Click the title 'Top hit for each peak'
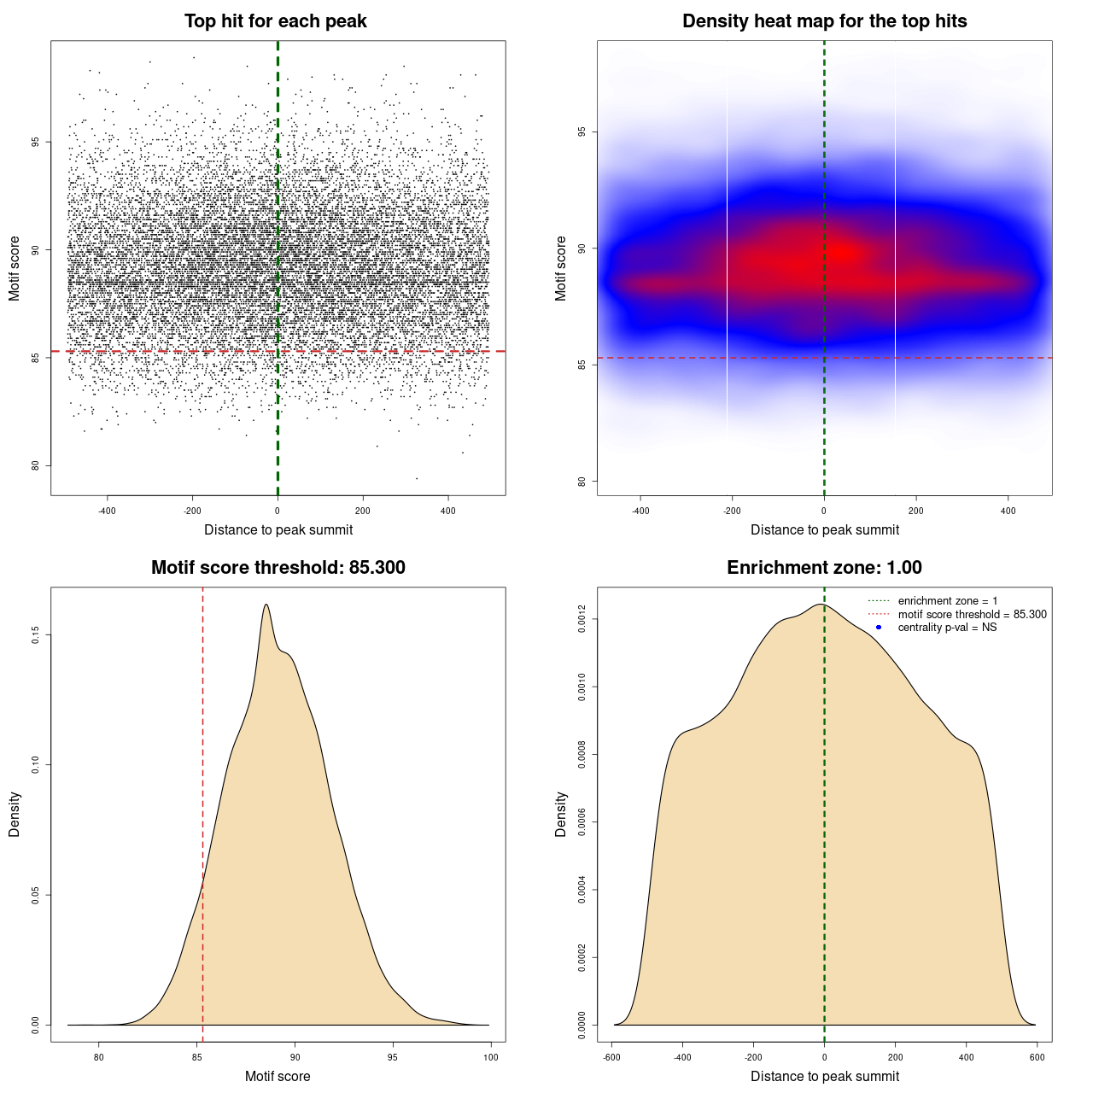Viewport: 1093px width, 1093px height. tap(275, 21)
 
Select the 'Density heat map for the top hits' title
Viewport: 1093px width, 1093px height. tap(824, 21)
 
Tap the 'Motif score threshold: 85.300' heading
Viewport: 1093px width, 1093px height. tap(278, 568)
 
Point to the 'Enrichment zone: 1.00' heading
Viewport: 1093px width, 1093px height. tap(824, 568)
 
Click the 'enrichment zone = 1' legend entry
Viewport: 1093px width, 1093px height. tap(947, 601)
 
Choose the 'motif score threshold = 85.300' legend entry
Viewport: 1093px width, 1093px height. tap(972, 614)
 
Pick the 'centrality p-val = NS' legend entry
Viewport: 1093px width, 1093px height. tap(947, 628)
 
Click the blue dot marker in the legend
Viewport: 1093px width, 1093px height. tap(879, 628)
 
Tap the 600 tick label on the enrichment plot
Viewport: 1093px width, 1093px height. tap(1037, 1057)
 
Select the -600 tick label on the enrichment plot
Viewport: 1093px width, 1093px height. tap(611, 1057)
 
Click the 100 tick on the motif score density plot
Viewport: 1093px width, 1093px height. tap(490, 1057)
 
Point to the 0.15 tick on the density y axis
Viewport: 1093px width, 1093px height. tap(36, 635)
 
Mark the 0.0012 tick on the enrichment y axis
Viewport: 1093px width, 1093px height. tap(582, 618)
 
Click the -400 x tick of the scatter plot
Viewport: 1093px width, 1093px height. tap(107, 511)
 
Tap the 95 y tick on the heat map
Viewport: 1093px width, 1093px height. tap(582, 132)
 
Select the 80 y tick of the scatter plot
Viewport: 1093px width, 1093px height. tap(36, 465)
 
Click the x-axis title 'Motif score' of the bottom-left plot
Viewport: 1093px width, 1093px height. tap(278, 1076)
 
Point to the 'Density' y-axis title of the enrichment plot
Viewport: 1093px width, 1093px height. tap(561, 814)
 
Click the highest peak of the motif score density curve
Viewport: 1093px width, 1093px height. tap(266, 605)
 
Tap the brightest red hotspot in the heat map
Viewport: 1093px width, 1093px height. tap(843, 252)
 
